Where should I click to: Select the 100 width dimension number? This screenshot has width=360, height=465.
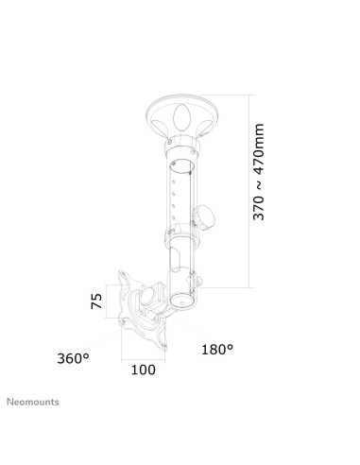pyautogui.click(x=143, y=370)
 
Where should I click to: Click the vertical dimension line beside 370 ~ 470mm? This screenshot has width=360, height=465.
pyautogui.click(x=249, y=189)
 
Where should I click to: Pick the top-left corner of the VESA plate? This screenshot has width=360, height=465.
pyautogui.click(x=121, y=276)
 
